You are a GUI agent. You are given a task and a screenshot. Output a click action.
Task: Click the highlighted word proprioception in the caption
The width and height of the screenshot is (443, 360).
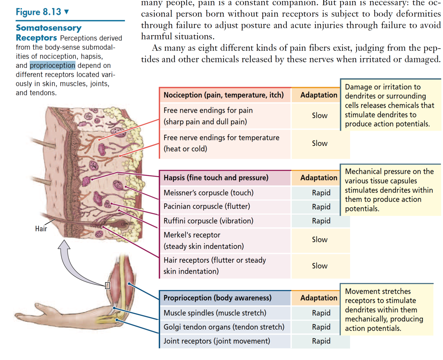click(52, 65)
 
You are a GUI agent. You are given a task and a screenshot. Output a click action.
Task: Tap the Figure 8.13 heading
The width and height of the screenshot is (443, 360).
click(39, 12)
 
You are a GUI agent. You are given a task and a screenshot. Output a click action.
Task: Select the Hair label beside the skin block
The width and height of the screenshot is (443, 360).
click(41, 229)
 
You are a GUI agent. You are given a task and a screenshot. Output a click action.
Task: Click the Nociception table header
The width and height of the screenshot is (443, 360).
click(223, 95)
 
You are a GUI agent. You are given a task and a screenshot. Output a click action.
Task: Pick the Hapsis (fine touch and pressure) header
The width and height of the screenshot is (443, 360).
click(216, 178)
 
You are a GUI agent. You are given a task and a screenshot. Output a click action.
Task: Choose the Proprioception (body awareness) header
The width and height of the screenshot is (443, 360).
click(217, 298)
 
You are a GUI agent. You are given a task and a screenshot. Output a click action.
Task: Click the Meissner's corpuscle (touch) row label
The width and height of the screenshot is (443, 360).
click(208, 193)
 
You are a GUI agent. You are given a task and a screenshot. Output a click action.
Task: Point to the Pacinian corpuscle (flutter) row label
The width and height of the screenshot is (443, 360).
click(207, 206)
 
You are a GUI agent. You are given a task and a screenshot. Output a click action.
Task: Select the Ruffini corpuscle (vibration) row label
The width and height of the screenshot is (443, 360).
click(208, 221)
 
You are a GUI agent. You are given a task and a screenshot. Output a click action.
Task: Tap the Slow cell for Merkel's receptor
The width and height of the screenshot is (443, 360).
click(319, 240)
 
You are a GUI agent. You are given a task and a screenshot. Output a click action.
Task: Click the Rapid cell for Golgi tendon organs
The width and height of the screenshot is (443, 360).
click(321, 327)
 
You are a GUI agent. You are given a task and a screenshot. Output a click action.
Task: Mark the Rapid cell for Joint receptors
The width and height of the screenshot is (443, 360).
click(321, 341)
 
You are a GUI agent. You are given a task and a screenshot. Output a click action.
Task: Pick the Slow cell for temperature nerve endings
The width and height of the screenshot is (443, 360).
click(319, 143)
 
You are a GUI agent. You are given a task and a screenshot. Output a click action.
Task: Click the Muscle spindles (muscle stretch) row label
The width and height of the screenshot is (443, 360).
click(215, 313)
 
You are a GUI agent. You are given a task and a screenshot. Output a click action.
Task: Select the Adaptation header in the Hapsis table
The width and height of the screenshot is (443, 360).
click(318, 178)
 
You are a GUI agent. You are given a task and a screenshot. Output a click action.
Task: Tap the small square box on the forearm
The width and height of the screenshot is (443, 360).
click(108, 285)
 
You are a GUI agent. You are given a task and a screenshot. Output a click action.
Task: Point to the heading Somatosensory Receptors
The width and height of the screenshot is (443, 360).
click(48, 33)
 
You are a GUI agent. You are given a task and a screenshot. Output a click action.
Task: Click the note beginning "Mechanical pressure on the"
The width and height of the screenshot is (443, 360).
click(389, 190)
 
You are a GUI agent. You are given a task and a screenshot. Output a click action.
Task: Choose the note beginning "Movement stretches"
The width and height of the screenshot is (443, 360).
click(384, 310)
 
